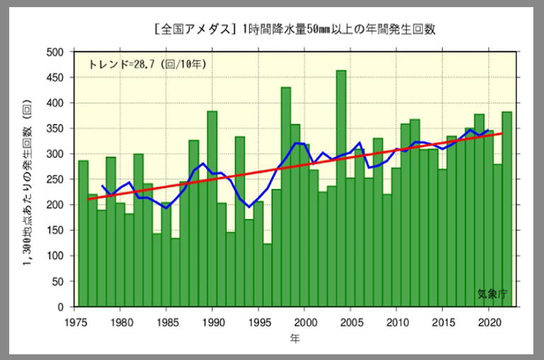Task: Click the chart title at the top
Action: pyautogui.click(x=294, y=30)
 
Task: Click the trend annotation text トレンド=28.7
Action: pyautogui.click(x=147, y=64)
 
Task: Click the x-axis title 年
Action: pyautogui.click(x=295, y=339)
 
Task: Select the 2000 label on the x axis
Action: pyautogui.click(x=305, y=320)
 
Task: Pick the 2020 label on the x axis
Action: pyautogui.click(x=488, y=320)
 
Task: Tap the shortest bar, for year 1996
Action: pyautogui.click(x=267, y=276)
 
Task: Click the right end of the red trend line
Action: pyautogui.click(x=502, y=133)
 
